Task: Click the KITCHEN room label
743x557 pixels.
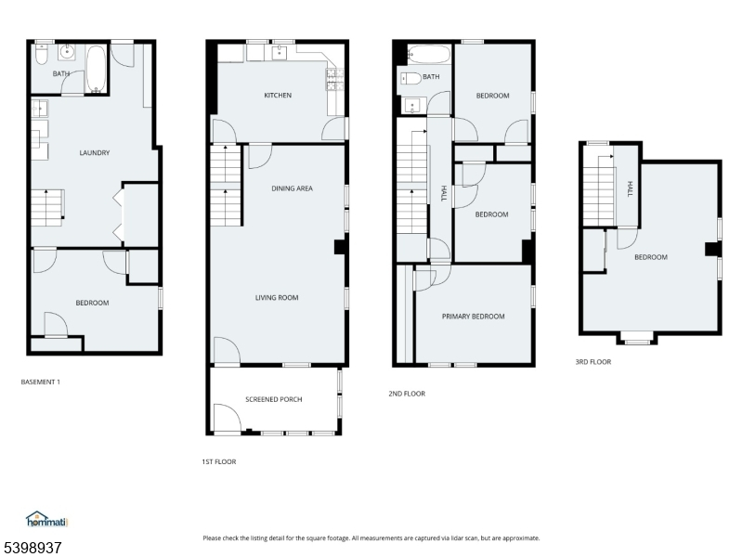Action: (x=278, y=96)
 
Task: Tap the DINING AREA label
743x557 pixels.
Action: (x=292, y=188)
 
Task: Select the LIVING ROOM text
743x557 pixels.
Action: (x=277, y=298)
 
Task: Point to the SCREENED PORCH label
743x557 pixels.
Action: (x=273, y=399)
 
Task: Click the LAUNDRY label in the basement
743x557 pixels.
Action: (x=95, y=152)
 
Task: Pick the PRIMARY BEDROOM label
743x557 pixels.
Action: (x=473, y=317)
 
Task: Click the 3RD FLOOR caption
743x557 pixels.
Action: (x=593, y=362)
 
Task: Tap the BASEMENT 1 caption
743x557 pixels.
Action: (x=40, y=382)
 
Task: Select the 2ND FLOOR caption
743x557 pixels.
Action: (x=407, y=394)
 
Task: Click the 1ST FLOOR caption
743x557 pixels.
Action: (x=218, y=461)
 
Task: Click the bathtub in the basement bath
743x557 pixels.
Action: (x=96, y=69)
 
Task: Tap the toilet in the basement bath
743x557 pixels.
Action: (x=42, y=55)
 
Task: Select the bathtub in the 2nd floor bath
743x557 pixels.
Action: (x=428, y=55)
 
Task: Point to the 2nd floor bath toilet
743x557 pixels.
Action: (x=411, y=79)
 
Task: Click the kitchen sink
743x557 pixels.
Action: (x=280, y=53)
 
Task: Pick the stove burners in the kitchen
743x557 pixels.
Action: (x=334, y=79)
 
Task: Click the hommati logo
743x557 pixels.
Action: (x=47, y=519)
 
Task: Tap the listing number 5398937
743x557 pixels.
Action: (x=31, y=548)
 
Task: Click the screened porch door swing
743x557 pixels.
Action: (x=228, y=417)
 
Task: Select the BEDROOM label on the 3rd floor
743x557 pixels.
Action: (x=651, y=257)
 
